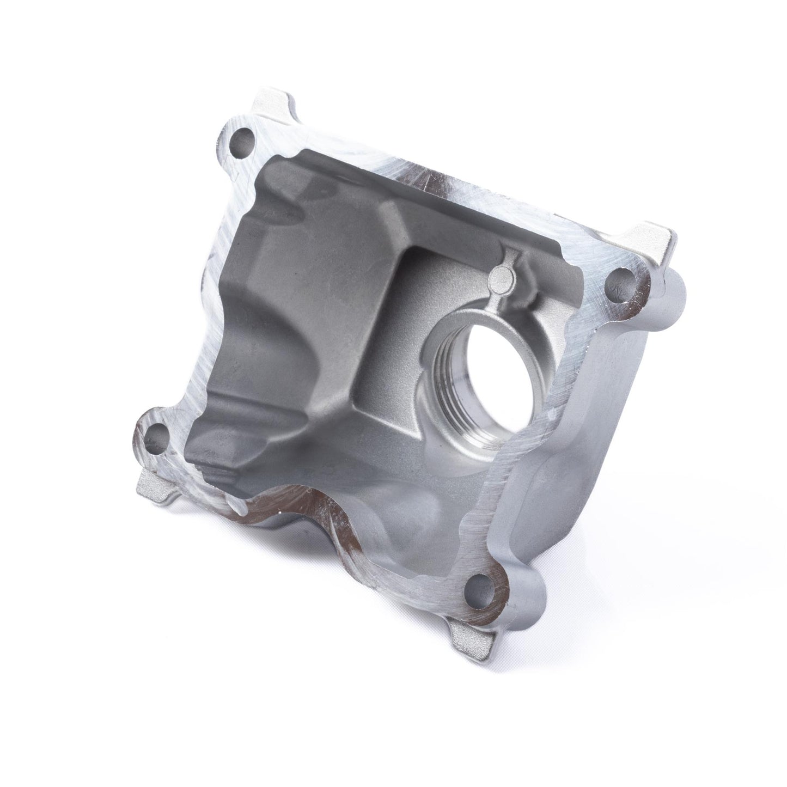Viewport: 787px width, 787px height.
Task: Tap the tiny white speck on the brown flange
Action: click(279, 513)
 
